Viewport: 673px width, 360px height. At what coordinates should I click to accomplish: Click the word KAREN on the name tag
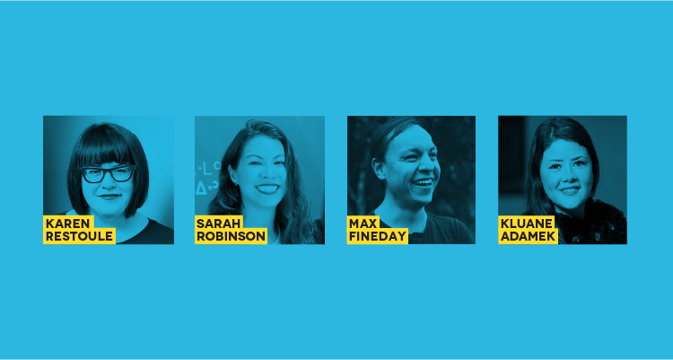[67, 224]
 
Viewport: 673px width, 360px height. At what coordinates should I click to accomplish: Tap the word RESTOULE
[79, 236]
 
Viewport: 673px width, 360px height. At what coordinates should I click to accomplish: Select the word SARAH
[218, 224]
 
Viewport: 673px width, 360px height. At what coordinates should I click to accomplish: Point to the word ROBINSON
[231, 236]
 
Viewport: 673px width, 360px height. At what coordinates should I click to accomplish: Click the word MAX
[363, 224]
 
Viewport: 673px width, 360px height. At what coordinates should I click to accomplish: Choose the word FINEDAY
[378, 236]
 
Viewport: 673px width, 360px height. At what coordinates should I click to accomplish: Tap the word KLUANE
[526, 224]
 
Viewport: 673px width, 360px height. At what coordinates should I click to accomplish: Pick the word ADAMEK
[528, 236]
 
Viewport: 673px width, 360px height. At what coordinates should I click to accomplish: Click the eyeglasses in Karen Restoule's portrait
[108, 174]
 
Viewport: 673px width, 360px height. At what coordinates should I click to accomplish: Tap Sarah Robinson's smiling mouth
[267, 189]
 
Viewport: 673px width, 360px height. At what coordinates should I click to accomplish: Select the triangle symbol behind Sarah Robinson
[200, 189]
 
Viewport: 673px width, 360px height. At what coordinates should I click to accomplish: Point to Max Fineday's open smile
[423, 183]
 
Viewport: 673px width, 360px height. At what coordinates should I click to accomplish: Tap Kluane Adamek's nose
[568, 176]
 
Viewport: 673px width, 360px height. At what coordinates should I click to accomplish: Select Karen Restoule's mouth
[109, 197]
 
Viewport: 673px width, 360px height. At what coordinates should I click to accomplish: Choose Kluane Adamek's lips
[570, 190]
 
